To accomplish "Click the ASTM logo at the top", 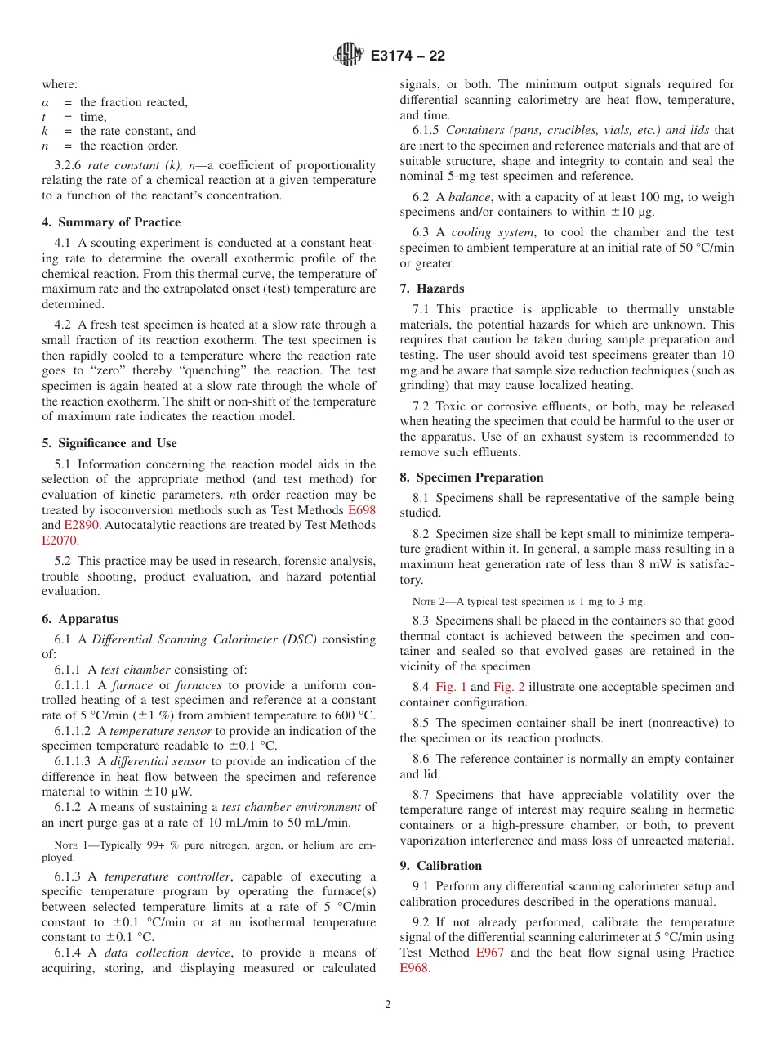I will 348,56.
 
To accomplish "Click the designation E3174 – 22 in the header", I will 408,56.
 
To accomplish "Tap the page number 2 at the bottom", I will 388,1005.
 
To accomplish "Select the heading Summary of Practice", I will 111,222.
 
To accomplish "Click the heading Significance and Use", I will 109,443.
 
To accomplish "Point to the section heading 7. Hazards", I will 432,289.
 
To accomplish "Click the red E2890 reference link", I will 81,525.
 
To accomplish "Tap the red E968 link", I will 414,967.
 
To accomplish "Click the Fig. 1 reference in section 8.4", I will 450,687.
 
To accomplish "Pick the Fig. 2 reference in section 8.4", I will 509,687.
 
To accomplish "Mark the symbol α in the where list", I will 46,102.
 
